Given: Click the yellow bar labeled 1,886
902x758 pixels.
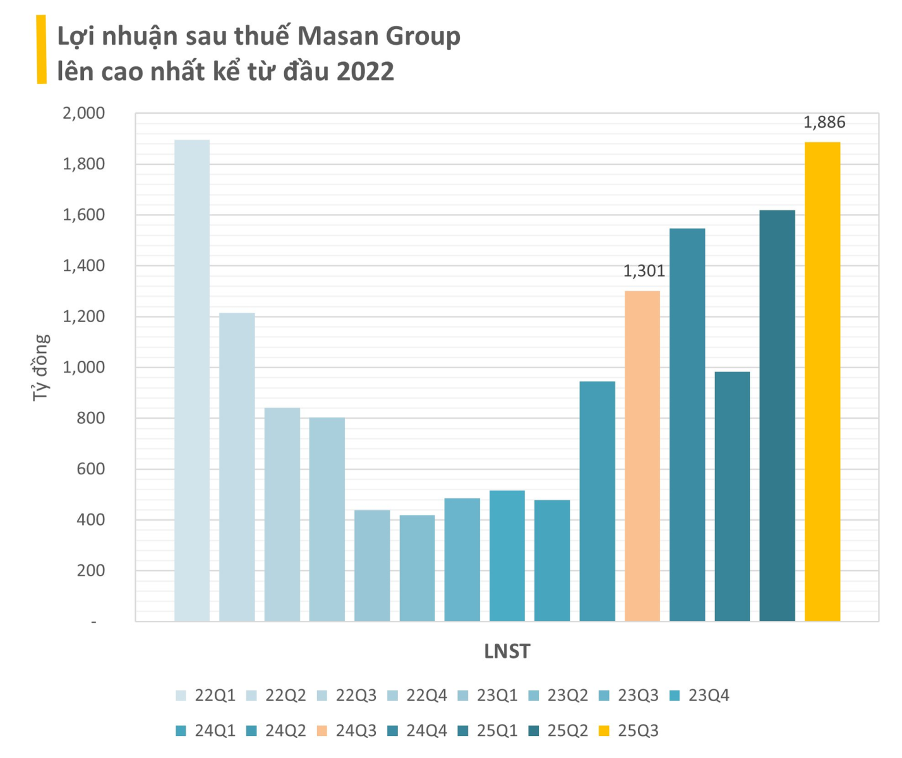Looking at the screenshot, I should (822, 382).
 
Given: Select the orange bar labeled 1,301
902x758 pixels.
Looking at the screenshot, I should (642, 456).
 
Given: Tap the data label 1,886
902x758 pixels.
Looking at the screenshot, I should (824, 123).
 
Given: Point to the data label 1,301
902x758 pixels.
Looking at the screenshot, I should (644, 271).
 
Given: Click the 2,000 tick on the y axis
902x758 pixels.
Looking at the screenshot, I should (83, 114).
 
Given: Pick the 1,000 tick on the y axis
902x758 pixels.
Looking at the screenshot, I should (83, 368).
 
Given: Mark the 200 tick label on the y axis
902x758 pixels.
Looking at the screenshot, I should (92, 570).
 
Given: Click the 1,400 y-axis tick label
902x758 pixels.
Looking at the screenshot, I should (83, 266).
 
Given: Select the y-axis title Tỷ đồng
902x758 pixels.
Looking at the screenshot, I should (40, 368).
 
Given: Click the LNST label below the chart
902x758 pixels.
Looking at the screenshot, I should (507, 651).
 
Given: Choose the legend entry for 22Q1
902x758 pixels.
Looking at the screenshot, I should (206, 695).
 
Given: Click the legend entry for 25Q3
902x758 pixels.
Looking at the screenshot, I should (629, 731).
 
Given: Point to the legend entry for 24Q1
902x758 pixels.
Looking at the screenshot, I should (206, 731).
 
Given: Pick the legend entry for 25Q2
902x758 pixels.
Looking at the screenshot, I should (559, 731).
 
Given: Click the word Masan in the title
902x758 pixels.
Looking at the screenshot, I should (338, 37).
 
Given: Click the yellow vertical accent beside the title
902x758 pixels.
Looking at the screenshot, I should (41, 50).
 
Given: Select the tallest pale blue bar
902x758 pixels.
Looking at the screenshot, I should (192, 380).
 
